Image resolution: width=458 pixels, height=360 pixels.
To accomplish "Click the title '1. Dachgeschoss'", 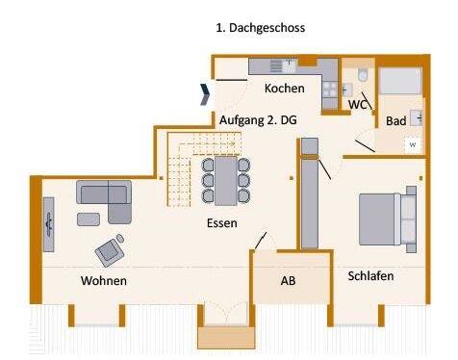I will [x=260, y=28].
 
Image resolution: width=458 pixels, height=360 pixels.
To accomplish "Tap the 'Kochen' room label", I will [x=285, y=89].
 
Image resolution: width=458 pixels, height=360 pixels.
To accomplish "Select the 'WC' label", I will [x=358, y=104].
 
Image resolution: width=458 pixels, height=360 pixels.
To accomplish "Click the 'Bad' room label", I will [x=394, y=121].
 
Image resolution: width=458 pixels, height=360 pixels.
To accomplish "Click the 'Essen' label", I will [x=222, y=223].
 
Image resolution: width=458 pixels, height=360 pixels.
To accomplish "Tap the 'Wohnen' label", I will [x=104, y=281].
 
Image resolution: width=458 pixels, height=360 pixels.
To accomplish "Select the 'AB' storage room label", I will [x=288, y=282].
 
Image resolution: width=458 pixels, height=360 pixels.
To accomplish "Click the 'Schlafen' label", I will [x=370, y=275].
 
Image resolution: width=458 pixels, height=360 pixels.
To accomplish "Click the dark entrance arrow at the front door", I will [x=205, y=92].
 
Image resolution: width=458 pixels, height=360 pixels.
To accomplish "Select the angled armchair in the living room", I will [x=110, y=249].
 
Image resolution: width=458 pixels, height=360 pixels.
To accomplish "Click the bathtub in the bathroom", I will [x=399, y=81].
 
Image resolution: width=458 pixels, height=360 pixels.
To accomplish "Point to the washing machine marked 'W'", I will [x=412, y=144].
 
